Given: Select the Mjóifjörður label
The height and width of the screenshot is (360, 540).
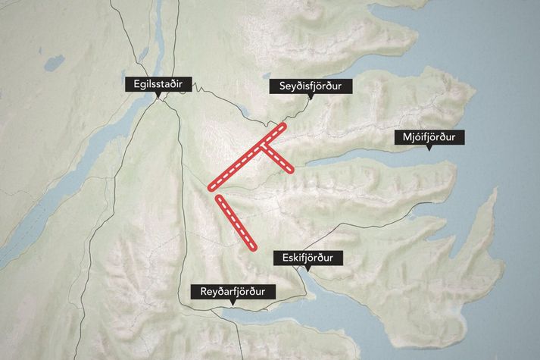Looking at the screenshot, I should coord(429,138).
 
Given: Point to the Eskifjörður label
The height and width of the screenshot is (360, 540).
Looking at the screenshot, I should coord(307,258).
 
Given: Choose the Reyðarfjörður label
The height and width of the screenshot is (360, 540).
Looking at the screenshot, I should coord(233,292).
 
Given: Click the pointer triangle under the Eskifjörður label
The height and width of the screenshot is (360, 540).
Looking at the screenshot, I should coord(307,268).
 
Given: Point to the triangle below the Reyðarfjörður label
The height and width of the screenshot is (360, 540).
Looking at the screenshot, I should coord(233,302).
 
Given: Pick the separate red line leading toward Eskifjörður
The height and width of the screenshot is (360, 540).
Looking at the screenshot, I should coord(234,221).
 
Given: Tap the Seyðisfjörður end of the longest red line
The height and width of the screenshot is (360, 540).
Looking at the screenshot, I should coord(284,126).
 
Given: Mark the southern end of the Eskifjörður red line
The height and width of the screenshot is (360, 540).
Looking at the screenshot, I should coord(250,244).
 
